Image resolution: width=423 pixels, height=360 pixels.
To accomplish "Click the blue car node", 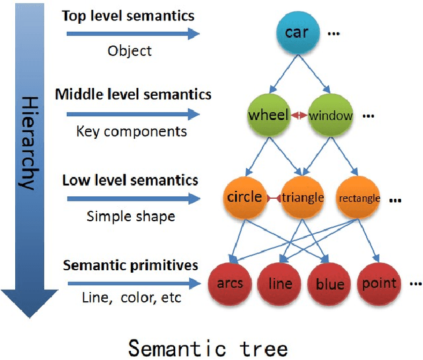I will pyautogui.click(x=297, y=32).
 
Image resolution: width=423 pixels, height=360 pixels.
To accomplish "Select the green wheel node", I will pyautogui.click(x=268, y=116).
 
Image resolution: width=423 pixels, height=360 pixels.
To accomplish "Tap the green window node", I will pyautogui.click(x=330, y=116).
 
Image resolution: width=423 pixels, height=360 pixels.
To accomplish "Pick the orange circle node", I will pyautogui.click(x=245, y=197).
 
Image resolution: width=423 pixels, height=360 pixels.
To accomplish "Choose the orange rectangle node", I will pyautogui.click(x=359, y=198).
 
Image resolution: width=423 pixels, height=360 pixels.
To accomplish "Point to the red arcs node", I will pyautogui.click(x=230, y=284).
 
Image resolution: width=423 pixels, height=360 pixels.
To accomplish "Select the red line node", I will pyautogui.click(x=280, y=284).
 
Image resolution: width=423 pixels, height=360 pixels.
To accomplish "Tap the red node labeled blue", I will pyautogui.click(x=330, y=284).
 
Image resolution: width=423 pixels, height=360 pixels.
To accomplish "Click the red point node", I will pyautogui.click(x=379, y=284).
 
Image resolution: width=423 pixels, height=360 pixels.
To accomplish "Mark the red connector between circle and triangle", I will pyautogui.click(x=274, y=198).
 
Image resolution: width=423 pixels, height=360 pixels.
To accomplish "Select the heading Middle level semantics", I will pyautogui.click(x=134, y=94).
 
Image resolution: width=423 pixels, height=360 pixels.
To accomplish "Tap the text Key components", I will pyautogui.click(x=132, y=131).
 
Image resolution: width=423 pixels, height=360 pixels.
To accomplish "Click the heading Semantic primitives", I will pyautogui.click(x=130, y=265).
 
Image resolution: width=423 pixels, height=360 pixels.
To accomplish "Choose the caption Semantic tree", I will pyautogui.click(x=208, y=347).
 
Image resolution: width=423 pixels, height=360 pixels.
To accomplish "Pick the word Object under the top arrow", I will pyautogui.click(x=130, y=50).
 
